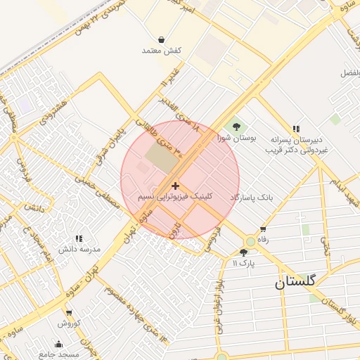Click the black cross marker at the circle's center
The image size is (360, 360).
[175, 185]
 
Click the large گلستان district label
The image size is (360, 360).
[296, 283]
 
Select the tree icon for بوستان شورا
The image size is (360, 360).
[236, 127]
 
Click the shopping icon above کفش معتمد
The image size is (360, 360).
[162, 39]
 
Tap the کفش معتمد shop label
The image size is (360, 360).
[162, 51]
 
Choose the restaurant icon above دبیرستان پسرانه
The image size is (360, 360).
[296, 129]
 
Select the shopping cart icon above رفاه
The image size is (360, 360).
[263, 229]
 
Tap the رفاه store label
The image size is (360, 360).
[263, 240]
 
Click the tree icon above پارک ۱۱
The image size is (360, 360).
[243, 252]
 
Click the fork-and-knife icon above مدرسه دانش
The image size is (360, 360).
[79, 238]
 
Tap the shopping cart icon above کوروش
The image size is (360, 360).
[69, 313]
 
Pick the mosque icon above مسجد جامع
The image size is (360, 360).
[58, 345]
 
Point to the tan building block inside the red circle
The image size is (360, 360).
[162, 157]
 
